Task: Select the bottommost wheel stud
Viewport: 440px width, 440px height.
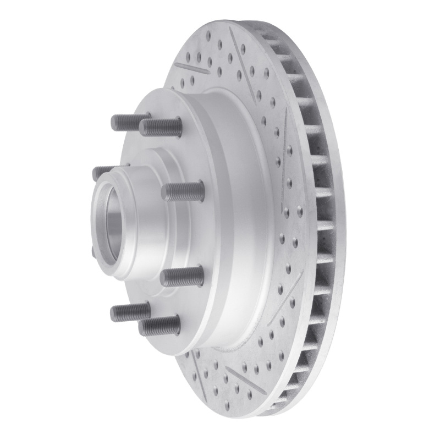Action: pos(159,325)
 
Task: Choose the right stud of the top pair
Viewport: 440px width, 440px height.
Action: pos(159,127)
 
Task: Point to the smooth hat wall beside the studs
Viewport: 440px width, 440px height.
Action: pos(220,220)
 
